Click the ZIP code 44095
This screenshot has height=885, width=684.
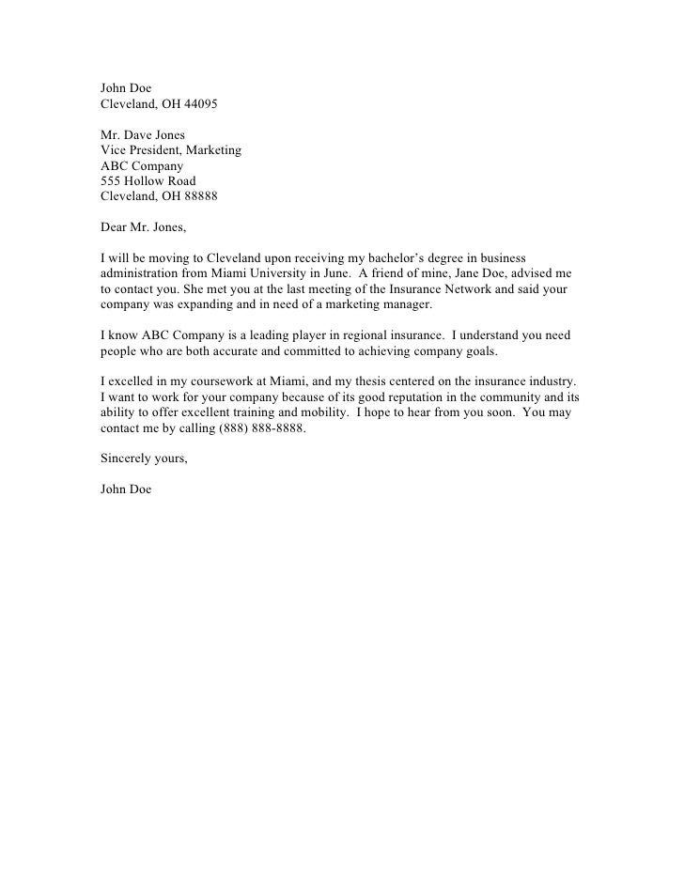(x=197, y=104)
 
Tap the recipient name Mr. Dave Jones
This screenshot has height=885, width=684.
(x=145, y=135)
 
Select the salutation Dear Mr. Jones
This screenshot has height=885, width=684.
(x=144, y=227)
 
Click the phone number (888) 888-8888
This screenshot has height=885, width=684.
(x=261, y=427)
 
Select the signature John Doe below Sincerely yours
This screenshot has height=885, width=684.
(x=126, y=489)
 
